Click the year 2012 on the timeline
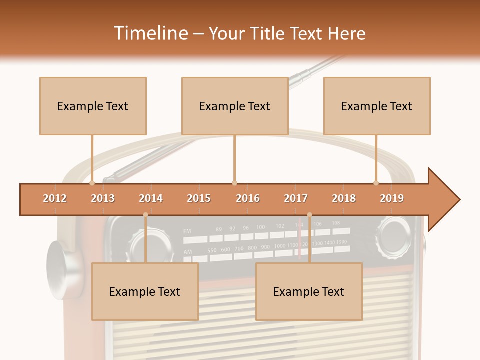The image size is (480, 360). coord(55,198)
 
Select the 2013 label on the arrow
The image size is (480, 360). coord(103,198)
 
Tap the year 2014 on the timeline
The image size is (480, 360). coord(151,198)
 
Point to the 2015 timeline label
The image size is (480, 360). coord(199,198)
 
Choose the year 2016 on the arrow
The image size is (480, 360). coord(248,198)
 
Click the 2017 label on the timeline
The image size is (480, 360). coord(296,198)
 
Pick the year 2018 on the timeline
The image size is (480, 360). coord(344,198)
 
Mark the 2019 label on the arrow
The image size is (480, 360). coord(392,198)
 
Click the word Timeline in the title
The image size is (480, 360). coord(149,33)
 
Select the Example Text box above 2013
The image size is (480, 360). coord(93,106)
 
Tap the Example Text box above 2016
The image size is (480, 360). coord(235,106)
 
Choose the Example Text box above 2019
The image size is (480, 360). coord(377,106)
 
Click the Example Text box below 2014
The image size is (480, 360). coord(145,291)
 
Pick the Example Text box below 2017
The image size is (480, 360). coord(309,291)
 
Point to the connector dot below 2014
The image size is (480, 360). coord(145,215)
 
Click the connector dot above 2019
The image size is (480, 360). coord(376,183)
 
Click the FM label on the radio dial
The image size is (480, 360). coord(187,231)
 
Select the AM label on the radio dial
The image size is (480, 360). coord(187,252)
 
